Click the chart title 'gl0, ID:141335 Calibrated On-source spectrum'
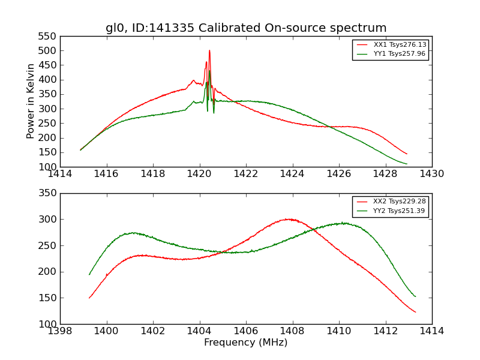pyautogui.click(x=246, y=28)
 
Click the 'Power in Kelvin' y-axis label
pyautogui.click(x=31, y=101)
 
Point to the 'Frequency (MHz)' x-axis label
pyautogui.click(x=246, y=343)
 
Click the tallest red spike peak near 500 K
pyautogui.click(x=209, y=50)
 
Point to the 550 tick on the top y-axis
pyautogui.click(x=50, y=36)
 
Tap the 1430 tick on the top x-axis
pyautogui.click(x=432, y=174)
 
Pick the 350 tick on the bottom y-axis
pyautogui.click(x=50, y=193)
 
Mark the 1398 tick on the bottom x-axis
pyautogui.click(x=60, y=331)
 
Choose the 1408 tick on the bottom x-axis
pyautogui.click(x=293, y=331)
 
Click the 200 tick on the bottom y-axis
pyautogui.click(x=50, y=272)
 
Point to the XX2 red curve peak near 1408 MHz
pyautogui.click(x=289, y=219)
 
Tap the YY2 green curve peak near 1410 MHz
pyautogui.click(x=343, y=223)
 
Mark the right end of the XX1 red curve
pyautogui.click(x=407, y=154)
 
